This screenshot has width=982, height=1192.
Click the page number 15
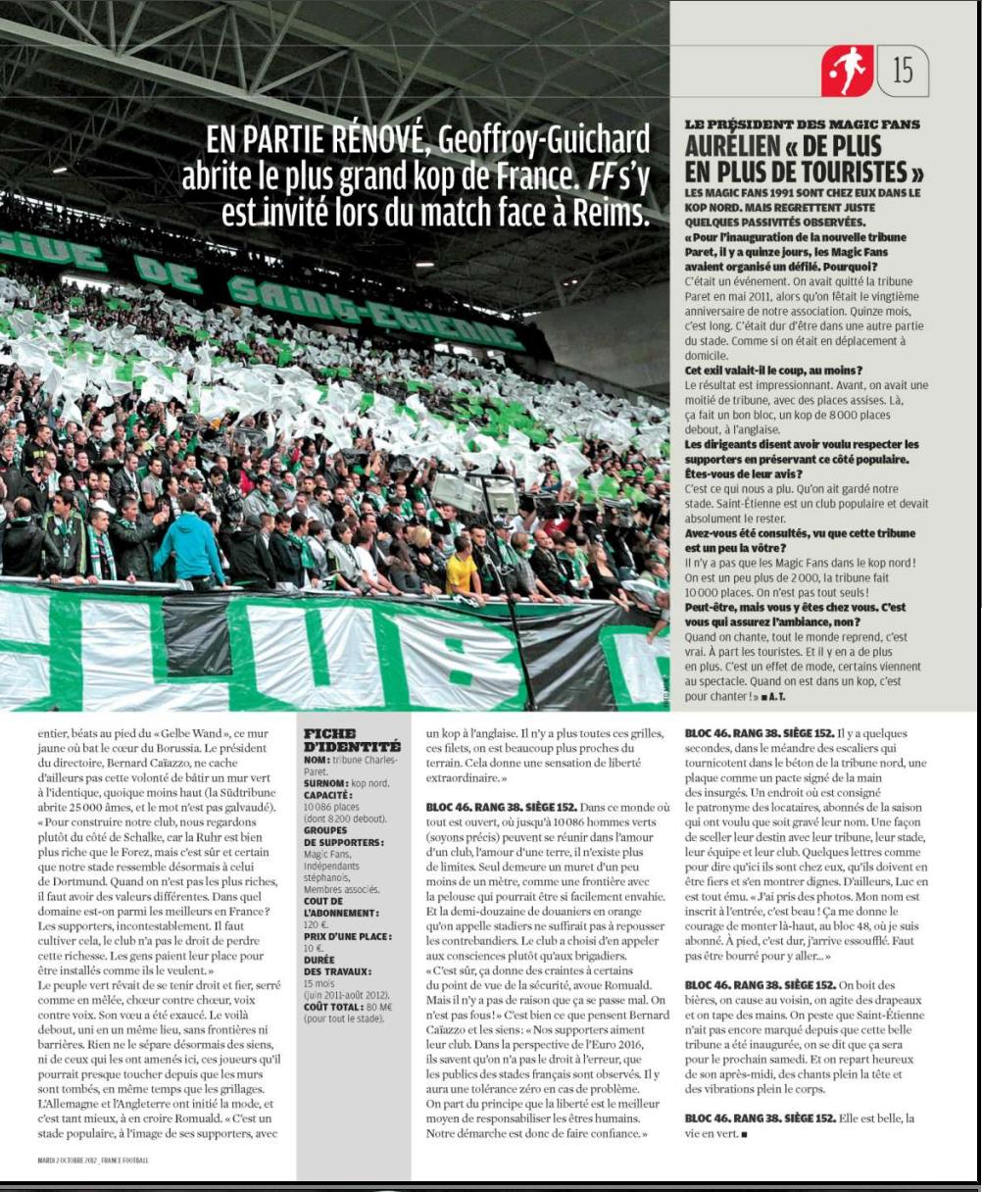click(903, 71)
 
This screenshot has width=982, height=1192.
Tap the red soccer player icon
click(846, 71)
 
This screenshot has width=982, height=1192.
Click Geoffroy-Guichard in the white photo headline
click(544, 140)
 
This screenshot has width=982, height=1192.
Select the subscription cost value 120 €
click(316, 924)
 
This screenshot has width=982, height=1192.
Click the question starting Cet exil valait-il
click(773, 371)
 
